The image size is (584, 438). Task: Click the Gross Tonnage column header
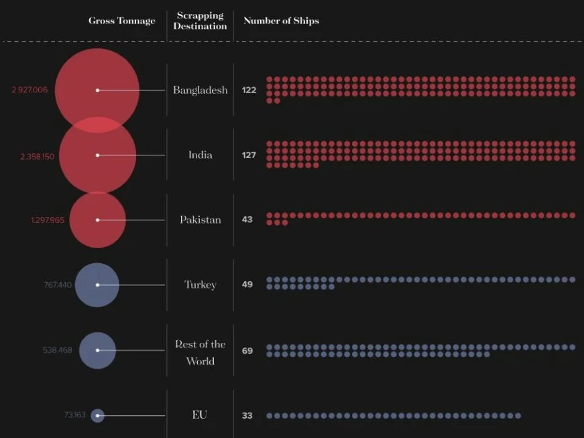pos(121,21)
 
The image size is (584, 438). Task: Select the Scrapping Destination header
pos(200,21)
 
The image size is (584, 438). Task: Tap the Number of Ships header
pos(281,21)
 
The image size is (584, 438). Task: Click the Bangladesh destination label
pos(200,90)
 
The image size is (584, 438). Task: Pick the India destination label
pos(200,155)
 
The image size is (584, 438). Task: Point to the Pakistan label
pos(200,220)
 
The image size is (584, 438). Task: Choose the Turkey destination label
pos(200,285)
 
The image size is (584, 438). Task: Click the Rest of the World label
pos(200,352)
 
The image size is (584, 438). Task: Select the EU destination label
pos(200,415)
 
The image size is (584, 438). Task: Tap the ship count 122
pos(249,90)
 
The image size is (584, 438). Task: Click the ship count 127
pos(249,155)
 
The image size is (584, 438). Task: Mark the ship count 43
pos(247,220)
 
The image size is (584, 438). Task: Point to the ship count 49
pos(247,285)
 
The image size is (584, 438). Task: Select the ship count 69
pos(247,350)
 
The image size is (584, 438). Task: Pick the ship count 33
pos(247,416)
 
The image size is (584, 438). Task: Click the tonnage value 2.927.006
pos(30,90)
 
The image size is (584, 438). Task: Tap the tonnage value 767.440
pos(58,285)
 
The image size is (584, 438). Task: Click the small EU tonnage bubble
pos(97,416)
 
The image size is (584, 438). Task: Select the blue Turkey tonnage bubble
pos(97,285)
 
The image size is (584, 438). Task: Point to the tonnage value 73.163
pos(75,415)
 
